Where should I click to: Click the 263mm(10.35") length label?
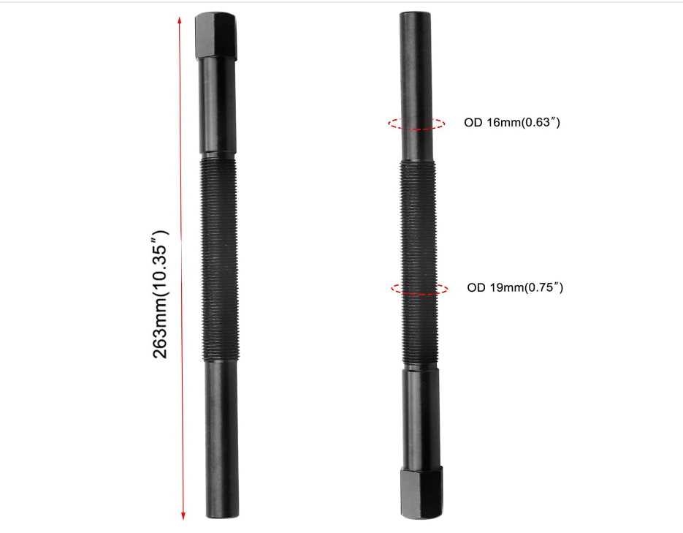coord(161,293)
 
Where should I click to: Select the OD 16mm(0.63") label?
coord(511,123)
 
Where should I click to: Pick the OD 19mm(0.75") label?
coord(515,287)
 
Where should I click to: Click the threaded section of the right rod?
coord(419,263)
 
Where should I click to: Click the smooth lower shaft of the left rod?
coord(221,439)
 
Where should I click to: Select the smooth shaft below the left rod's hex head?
coord(218,106)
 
